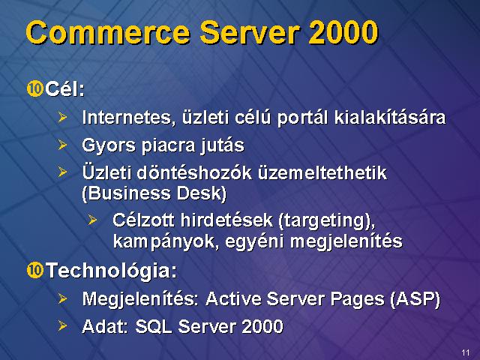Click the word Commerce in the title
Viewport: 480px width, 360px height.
[108, 32]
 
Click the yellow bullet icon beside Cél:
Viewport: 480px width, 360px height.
[34, 88]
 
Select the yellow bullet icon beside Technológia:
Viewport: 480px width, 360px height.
[34, 270]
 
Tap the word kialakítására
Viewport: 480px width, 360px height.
[390, 117]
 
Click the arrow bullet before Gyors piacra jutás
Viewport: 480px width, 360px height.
[62, 145]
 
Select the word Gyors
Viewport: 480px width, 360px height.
[108, 145]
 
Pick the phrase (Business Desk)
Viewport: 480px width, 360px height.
[154, 193]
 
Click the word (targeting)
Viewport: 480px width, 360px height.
[327, 220]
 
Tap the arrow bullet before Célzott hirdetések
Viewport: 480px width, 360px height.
[92, 220]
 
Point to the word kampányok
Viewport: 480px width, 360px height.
[166, 241]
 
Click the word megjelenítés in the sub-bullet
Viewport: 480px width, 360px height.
[346, 241]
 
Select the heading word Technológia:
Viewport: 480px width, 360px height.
[111, 271]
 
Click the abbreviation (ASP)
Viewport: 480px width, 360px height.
[415, 298]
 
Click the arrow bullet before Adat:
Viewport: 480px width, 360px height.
[62, 325]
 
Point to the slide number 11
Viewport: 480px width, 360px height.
[466, 352]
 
